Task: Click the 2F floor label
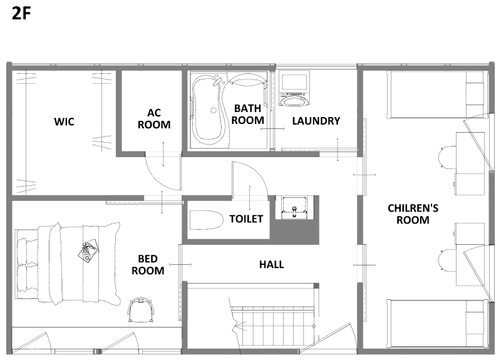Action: [21, 13]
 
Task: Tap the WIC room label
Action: [64, 121]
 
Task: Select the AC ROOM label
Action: [154, 118]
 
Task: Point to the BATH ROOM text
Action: [247, 115]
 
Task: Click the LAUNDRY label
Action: [316, 121]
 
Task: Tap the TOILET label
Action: [246, 219]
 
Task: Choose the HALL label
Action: [271, 264]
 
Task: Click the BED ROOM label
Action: [148, 264]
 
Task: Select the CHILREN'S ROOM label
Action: [413, 214]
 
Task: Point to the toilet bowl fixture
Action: [206, 220]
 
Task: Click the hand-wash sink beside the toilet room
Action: [294, 208]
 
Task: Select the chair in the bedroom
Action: [141, 310]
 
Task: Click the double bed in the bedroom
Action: [68, 264]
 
